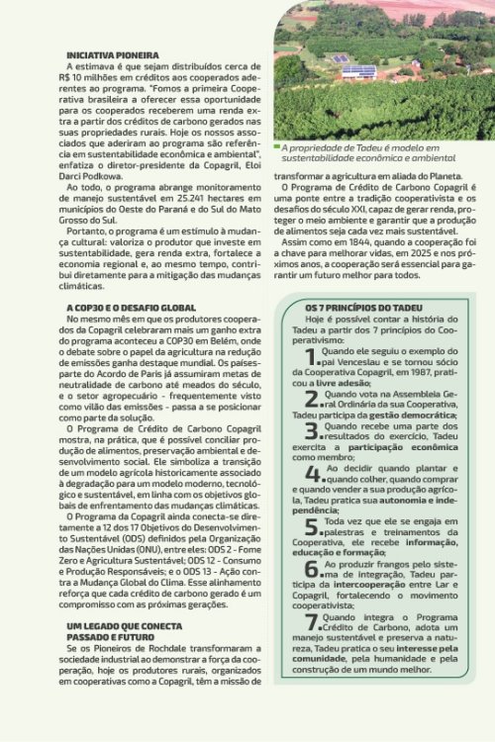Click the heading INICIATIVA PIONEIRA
(x=112, y=55)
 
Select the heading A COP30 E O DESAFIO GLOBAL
(x=131, y=309)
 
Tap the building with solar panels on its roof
(x=357, y=71)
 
